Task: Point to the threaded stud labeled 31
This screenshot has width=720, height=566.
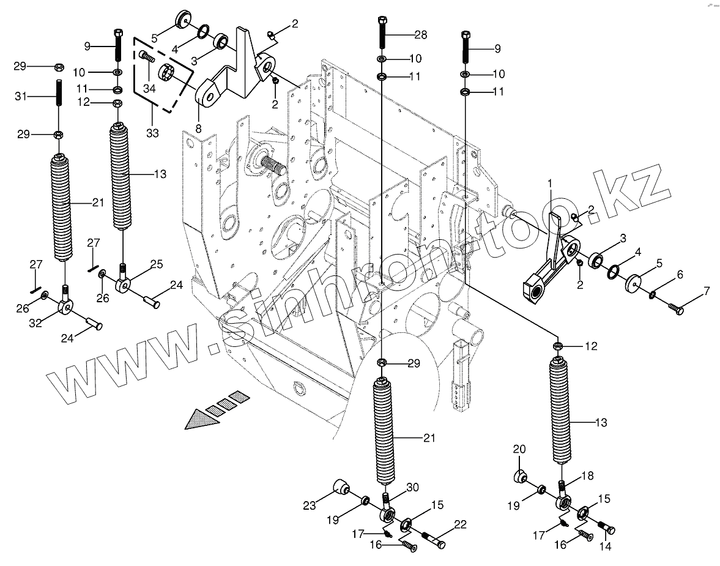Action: [x=59, y=94]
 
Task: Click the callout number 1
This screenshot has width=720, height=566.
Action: [x=550, y=183]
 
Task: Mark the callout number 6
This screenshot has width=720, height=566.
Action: [x=679, y=277]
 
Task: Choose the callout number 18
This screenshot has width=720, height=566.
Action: [x=587, y=475]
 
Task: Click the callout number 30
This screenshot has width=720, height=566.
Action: [x=412, y=488]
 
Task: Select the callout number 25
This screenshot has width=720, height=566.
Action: [x=156, y=264]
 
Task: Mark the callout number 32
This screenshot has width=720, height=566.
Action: [x=35, y=322]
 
